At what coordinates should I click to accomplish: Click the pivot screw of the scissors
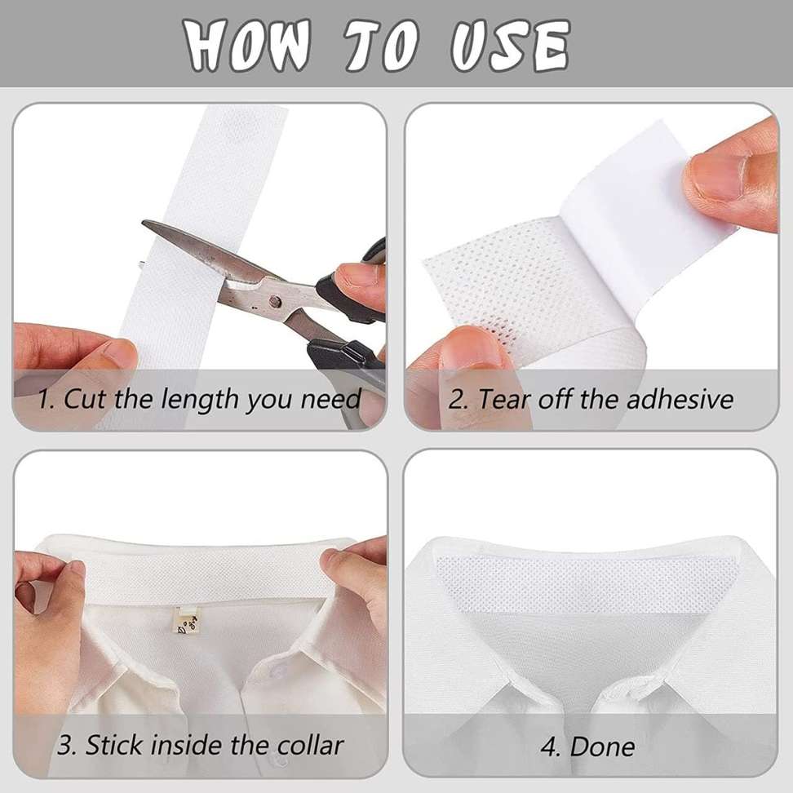click(x=274, y=302)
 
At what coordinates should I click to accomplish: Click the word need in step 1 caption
click(x=330, y=400)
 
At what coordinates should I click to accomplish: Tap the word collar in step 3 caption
click(x=312, y=744)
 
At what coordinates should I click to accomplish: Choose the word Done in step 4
click(x=602, y=746)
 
